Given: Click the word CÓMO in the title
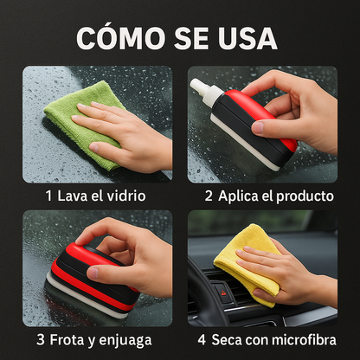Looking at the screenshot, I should point(116,37).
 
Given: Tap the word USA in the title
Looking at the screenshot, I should point(246,37).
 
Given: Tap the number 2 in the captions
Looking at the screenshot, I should point(209,196).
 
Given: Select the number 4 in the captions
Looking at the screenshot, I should point(202,340).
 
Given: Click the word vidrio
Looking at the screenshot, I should point(125,196).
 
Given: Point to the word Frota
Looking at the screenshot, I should point(71,340).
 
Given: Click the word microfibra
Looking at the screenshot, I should point(303,340).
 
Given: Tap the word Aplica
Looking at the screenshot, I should point(238,196).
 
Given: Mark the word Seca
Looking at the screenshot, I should point(229,340).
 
